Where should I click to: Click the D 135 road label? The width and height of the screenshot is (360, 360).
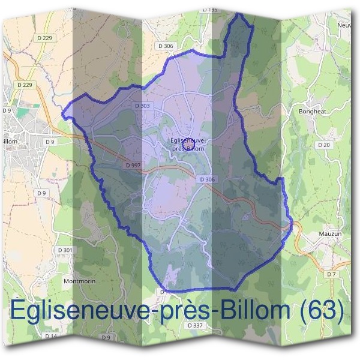pos(210,10)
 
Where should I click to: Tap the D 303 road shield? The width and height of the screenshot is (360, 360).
pos(142,106)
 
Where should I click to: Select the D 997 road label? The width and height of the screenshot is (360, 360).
pos(134,164)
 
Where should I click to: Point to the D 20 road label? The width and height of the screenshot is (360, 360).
pos(324,145)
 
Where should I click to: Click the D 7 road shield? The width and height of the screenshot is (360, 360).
pos(331,274)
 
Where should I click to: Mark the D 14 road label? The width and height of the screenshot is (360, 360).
pos(50,336)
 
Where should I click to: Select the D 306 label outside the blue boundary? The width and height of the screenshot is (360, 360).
pos(165,46)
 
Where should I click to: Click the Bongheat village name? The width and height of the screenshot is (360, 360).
pos(311,111)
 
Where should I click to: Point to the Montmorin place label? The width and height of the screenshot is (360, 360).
pos(79,280)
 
